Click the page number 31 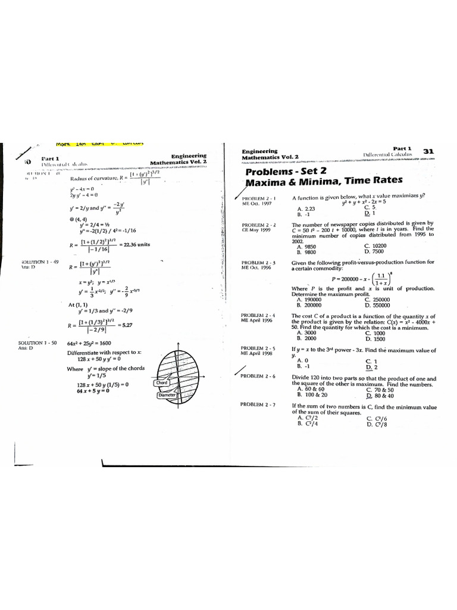[427, 151]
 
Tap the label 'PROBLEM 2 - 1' [258, 198]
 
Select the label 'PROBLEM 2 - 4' [258, 315]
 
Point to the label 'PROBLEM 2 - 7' [258, 404]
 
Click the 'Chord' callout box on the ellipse [161, 383]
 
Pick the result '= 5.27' [126, 325]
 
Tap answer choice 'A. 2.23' [306, 208]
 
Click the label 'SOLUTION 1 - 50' [38, 343]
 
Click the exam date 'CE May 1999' [256, 230]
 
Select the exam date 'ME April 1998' [257, 353]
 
